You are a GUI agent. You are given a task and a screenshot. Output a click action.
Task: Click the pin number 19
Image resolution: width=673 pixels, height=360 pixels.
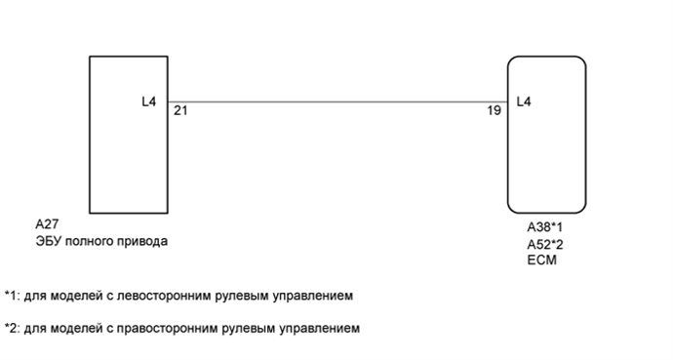494,111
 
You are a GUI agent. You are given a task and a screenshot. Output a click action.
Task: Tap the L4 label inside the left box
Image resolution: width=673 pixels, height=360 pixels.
148,100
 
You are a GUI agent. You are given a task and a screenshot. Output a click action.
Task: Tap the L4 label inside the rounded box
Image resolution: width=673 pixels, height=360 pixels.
523,100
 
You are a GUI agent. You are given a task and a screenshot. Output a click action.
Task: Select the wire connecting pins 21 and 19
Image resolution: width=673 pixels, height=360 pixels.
336,100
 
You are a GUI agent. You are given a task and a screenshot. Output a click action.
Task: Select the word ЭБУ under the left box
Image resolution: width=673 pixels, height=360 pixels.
47,241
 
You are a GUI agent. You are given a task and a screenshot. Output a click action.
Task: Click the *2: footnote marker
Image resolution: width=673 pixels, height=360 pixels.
12,328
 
